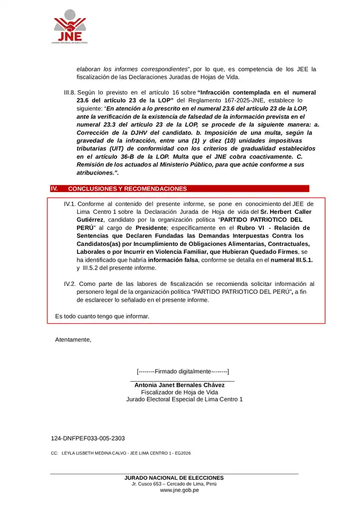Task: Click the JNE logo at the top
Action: click(x=70, y=27)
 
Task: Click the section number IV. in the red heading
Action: click(x=55, y=189)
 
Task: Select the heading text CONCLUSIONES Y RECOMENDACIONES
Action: click(x=127, y=189)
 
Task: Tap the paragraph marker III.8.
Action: click(x=69, y=92)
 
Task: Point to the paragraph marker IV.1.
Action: click(x=69, y=204)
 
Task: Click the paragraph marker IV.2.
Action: click(x=69, y=284)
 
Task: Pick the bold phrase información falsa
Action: click(x=173, y=260)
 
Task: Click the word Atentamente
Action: click(x=73, y=339)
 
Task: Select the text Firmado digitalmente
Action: click(x=182, y=372)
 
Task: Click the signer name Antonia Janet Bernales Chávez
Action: click(x=179, y=384)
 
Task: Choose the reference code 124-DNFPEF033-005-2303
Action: click(x=87, y=438)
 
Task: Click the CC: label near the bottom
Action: click(x=54, y=453)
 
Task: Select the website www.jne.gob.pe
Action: click(x=179, y=490)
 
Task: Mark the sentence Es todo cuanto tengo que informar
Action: click(x=102, y=316)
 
